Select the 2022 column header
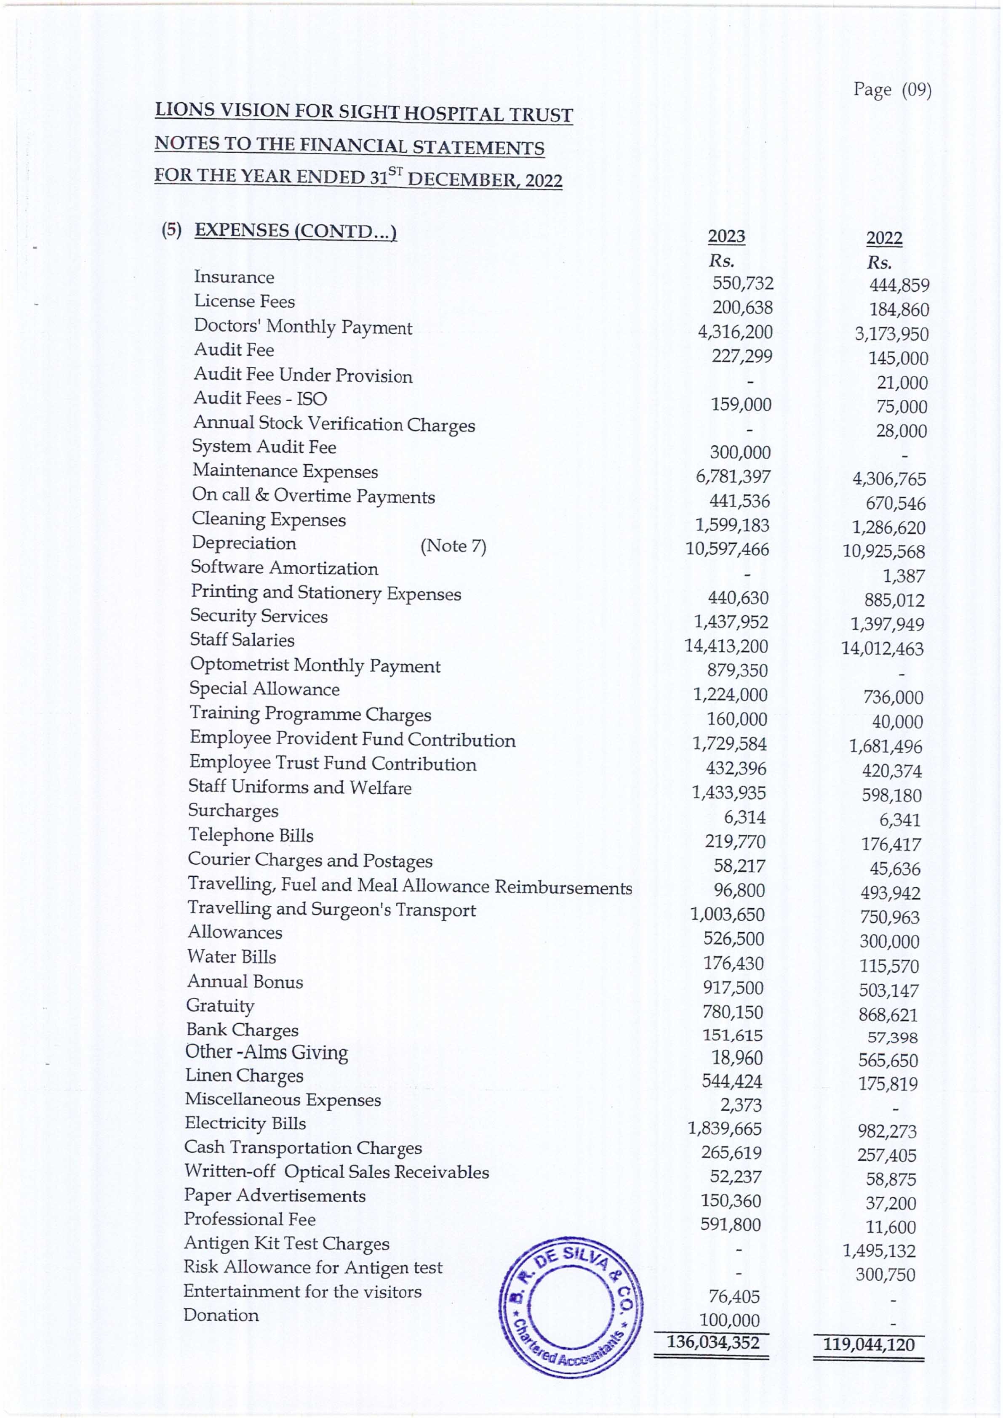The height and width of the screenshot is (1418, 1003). click(884, 238)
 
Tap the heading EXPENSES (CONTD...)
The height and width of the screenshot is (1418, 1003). click(296, 231)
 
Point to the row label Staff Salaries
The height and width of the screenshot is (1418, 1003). click(242, 640)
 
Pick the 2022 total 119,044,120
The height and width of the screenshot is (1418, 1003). click(868, 1344)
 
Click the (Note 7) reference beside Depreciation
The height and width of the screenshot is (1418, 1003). click(453, 546)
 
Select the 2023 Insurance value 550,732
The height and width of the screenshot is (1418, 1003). click(742, 283)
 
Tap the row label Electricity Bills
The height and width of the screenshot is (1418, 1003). click(245, 1123)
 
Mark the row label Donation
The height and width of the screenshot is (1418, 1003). click(221, 1315)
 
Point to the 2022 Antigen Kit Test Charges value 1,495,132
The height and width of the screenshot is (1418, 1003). click(879, 1250)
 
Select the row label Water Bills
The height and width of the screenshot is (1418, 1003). click(231, 957)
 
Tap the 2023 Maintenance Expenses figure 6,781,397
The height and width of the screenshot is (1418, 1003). click(733, 477)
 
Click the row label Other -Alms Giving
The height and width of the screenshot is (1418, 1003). click(267, 1052)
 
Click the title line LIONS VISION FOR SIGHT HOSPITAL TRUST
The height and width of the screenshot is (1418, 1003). click(363, 113)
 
